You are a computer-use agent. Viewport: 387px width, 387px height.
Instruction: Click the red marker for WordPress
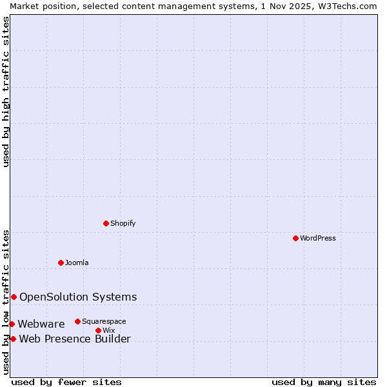295,238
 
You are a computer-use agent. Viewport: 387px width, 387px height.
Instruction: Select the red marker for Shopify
106,223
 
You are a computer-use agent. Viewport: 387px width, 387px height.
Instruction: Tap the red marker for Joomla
61,263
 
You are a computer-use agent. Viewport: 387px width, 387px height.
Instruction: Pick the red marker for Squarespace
77,321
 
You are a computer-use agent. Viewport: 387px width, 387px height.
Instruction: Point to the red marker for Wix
98,330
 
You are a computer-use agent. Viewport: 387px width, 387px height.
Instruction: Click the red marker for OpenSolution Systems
14,297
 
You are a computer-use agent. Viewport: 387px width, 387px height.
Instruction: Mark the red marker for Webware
12,324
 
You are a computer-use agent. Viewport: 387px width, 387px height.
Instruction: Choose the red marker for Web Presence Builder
13,339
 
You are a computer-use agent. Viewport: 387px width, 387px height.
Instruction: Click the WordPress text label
318,238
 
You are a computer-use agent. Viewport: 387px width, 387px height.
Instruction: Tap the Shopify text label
123,223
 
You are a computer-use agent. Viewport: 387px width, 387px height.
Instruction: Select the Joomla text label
77,263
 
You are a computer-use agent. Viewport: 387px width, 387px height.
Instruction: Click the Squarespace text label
104,321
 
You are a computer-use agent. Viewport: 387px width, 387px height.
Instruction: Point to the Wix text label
108,330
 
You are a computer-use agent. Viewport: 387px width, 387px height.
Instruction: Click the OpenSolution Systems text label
78,297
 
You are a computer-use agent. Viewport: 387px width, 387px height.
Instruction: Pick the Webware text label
41,324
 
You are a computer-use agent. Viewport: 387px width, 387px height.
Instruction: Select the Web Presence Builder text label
75,339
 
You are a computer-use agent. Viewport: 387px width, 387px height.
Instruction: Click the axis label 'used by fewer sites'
66,382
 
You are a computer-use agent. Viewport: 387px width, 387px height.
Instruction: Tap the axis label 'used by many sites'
324,382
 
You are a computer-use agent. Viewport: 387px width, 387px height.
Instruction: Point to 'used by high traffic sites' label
6,92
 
